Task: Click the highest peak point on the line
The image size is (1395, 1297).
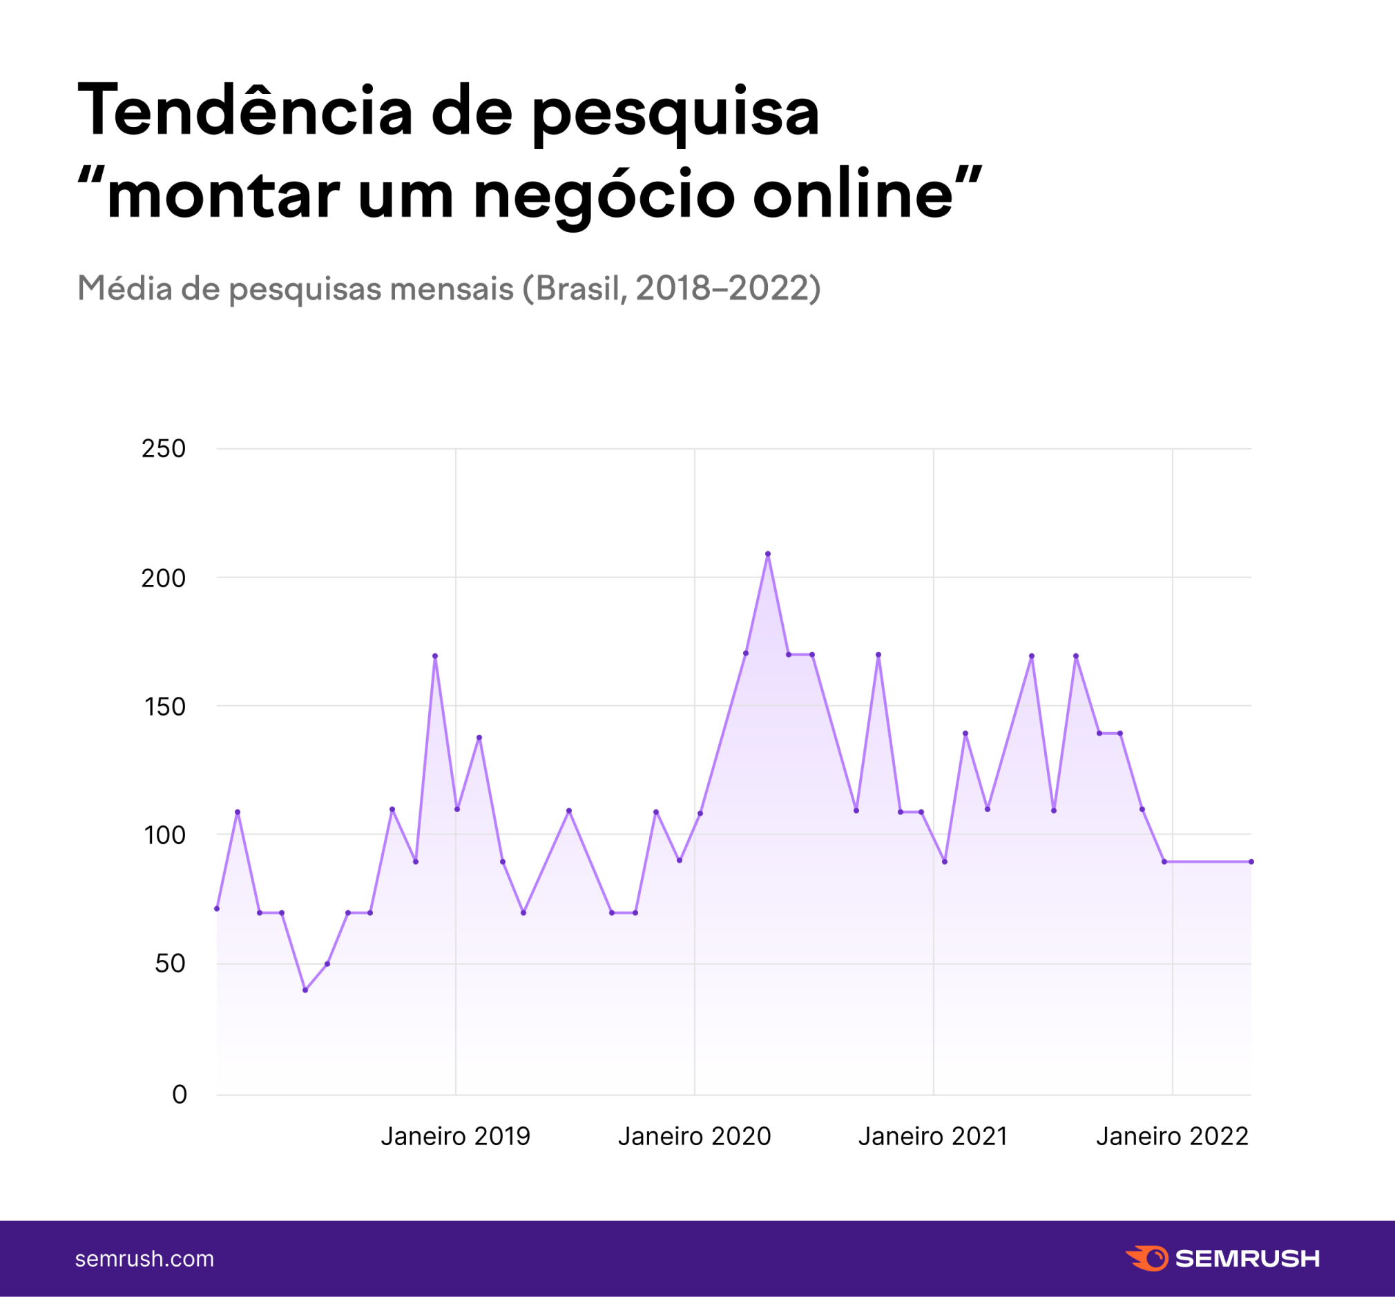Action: [x=768, y=554]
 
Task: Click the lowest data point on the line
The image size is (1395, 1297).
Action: [x=305, y=990]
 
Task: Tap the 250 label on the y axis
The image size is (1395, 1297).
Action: [x=164, y=448]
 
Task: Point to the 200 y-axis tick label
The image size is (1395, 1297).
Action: [x=164, y=578]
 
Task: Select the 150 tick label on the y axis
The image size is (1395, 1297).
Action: [x=165, y=707]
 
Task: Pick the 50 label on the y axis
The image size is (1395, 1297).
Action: [x=170, y=963]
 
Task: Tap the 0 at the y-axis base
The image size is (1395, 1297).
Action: [x=180, y=1094]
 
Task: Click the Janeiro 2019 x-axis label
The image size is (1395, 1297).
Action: [x=455, y=1136]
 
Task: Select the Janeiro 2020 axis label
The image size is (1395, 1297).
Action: [x=694, y=1136]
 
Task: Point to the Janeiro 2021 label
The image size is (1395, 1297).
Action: [x=932, y=1136]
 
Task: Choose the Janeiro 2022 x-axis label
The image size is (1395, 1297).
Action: [x=1172, y=1136]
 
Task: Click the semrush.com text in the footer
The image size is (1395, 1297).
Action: [x=144, y=1258]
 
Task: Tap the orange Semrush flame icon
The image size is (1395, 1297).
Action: [x=1147, y=1258]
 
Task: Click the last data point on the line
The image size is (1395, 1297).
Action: [x=1251, y=861]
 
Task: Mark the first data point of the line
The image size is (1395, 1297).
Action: [x=217, y=908]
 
